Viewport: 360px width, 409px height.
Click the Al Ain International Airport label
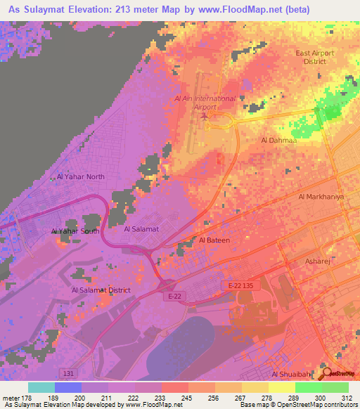205,103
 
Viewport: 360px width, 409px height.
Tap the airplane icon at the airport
204,117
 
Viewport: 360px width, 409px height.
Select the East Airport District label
315,57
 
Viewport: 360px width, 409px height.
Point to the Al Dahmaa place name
278,141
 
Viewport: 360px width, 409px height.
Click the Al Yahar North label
80,177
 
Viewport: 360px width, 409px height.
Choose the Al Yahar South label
75,231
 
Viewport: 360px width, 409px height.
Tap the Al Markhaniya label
321,197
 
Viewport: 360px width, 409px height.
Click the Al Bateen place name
214,240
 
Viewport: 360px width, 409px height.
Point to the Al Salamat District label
101,290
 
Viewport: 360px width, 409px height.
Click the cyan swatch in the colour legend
41,387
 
